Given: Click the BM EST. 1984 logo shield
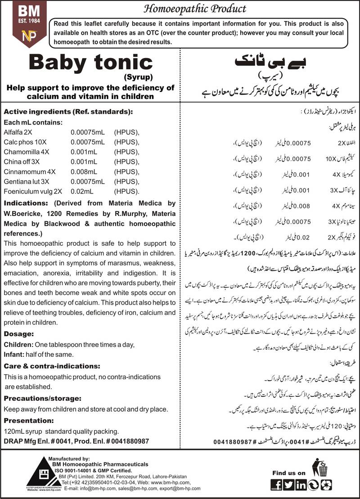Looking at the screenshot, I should tap(23, 22).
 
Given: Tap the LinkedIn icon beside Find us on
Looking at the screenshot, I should tap(301, 485).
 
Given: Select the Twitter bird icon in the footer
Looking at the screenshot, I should tap(289, 485).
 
